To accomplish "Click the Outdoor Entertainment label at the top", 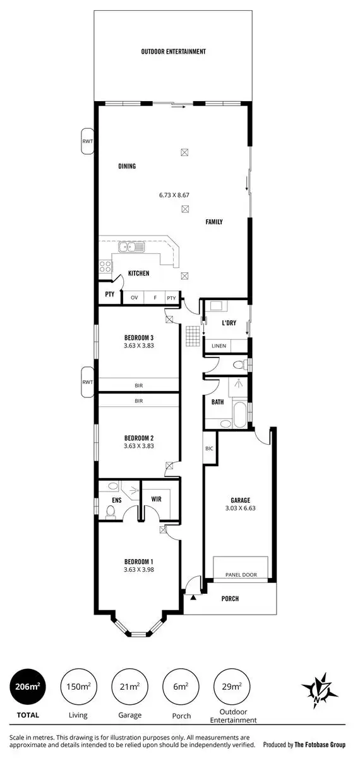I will pos(174,52).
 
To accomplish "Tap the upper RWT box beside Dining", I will pos(87,141).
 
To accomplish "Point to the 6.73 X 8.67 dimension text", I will pos(174,195).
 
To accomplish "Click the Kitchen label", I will pos(139,274).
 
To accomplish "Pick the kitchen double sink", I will pos(133,247).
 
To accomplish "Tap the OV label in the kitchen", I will pos(134,298).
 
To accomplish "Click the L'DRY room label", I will pos(229,323).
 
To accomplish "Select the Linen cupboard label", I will pos(219,346).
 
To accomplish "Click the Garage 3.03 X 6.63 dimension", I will pos(239,507).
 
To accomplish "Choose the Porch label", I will pos(230,598).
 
